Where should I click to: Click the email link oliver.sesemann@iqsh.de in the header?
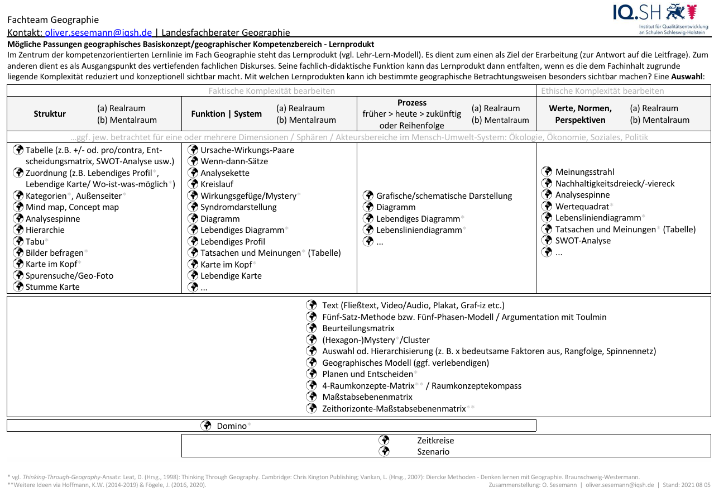99,33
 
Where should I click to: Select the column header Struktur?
50,114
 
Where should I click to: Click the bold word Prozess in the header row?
412,103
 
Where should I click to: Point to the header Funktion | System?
226,114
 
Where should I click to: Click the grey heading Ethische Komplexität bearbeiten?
602,90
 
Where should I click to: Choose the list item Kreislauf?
217,184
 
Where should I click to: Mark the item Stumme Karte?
52,287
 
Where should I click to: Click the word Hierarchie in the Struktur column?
45,230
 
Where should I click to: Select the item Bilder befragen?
54,253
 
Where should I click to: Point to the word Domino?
231,426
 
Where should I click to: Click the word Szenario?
433,452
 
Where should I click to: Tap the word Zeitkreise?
435,441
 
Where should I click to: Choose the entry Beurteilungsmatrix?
358,328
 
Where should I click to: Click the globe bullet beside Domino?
205,426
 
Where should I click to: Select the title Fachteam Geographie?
53,20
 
